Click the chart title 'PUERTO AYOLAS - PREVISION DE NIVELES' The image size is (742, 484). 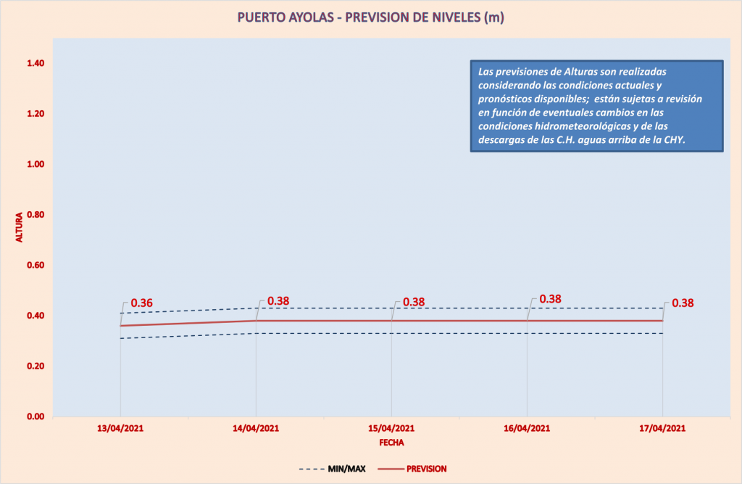pos(370,17)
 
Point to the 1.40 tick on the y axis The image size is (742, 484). pos(36,64)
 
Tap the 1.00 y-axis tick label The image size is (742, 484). pos(36,165)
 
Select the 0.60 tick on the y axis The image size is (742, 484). pos(36,266)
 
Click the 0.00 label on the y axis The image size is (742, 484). pos(36,417)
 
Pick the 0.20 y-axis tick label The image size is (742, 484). pos(36,366)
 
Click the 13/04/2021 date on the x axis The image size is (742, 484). pos(120,429)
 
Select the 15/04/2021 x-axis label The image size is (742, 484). pos(391,429)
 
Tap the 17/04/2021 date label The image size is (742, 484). pos(662,429)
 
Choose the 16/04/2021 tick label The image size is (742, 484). pos(527,429)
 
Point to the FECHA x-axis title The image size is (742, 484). pos(391,442)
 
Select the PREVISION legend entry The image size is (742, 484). pos(426,469)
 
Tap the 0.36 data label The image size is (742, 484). pos(142,303)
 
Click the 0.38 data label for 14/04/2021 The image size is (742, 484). pos(279,301)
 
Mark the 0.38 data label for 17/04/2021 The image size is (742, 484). pos(683,303)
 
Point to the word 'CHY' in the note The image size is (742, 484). pos(674,139)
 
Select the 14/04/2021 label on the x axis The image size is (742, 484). pos(256,429)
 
